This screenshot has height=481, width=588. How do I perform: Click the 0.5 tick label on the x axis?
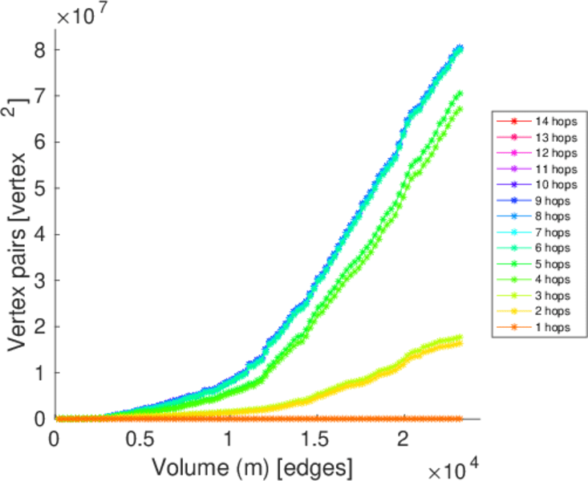141,439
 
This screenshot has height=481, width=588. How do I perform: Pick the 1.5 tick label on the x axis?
316,439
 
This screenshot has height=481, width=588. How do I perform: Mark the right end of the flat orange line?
460,418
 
